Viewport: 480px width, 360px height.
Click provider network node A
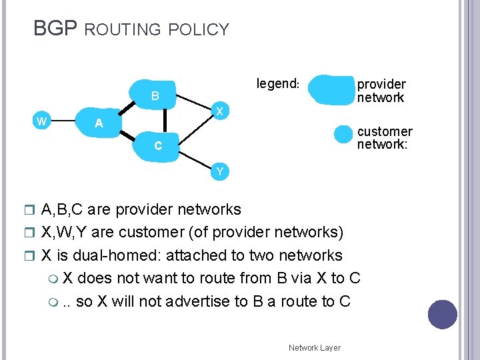(x=99, y=123)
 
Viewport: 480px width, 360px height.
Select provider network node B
(x=154, y=96)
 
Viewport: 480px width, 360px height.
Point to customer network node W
(x=41, y=121)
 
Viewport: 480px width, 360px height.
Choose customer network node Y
(x=219, y=172)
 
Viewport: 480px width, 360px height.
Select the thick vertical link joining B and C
(x=165, y=120)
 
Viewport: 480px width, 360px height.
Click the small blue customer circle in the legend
(x=343, y=134)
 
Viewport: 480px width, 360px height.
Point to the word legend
(x=278, y=84)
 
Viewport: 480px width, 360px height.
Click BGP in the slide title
(x=55, y=29)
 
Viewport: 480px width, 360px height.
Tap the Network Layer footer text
(x=314, y=347)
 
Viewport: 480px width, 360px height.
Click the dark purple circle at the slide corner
(x=443, y=315)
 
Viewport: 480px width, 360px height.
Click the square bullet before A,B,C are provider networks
(x=34, y=210)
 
